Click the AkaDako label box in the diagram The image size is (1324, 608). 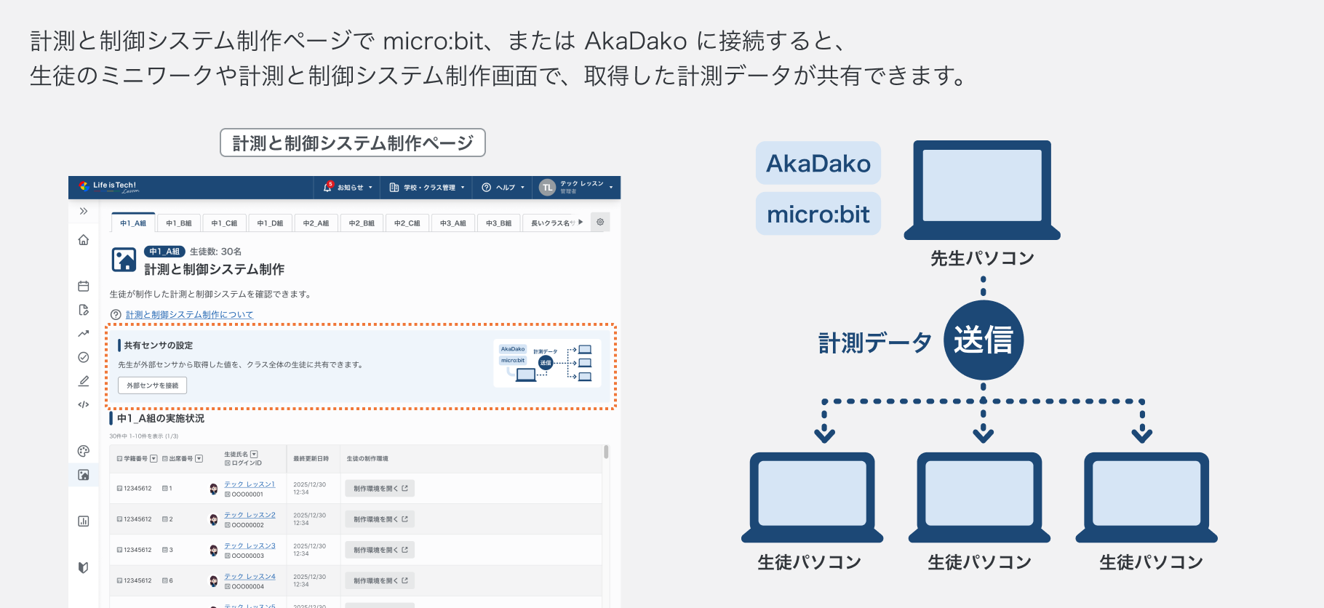(818, 163)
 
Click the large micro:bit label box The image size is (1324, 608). (818, 214)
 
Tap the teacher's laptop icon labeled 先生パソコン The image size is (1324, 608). (982, 189)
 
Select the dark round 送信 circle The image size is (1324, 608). (984, 340)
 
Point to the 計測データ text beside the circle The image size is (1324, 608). (875, 342)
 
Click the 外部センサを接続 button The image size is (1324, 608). (153, 385)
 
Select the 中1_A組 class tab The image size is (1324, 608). (133, 223)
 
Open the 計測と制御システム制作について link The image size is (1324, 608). (189, 315)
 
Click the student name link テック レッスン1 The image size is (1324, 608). (250, 484)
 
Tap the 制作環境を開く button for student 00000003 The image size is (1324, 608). (380, 550)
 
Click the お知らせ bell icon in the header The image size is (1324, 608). (328, 187)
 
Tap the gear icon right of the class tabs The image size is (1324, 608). (600, 222)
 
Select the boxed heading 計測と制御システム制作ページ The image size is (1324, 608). (353, 143)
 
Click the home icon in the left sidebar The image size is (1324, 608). (84, 240)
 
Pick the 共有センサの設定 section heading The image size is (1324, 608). (159, 345)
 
